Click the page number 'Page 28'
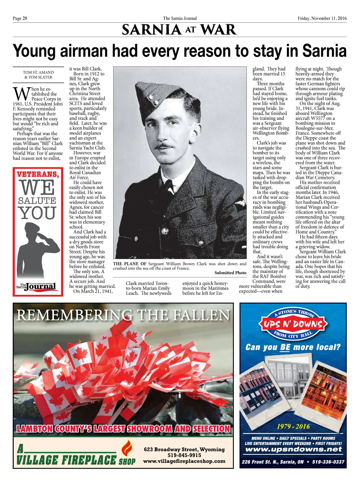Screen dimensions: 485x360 pyautogui.click(x=20, y=18)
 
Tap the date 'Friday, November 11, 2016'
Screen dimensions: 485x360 pyautogui.click(x=322, y=18)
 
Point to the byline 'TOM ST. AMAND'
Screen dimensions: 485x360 pyautogui.click(x=38, y=72)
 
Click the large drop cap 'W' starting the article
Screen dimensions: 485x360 pyautogui.click(x=21, y=94)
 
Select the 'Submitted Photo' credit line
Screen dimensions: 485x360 pyautogui.click(x=230, y=273)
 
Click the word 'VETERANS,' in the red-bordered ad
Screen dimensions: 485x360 pyautogui.click(x=38, y=174)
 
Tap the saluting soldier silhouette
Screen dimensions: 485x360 pyautogui.click(x=38, y=250)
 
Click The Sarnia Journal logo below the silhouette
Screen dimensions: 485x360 pyautogui.click(x=37, y=286)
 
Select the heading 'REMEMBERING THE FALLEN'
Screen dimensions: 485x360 pyautogui.click(x=123, y=315)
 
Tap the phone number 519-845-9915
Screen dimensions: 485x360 pyautogui.click(x=184, y=455)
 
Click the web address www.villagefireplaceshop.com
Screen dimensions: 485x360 pyautogui.click(x=184, y=461)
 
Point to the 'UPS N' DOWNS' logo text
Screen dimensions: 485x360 pyautogui.click(x=293, y=324)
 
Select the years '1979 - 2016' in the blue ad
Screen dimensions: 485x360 pyautogui.click(x=293, y=427)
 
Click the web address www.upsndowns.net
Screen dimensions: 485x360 pyautogui.click(x=293, y=450)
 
